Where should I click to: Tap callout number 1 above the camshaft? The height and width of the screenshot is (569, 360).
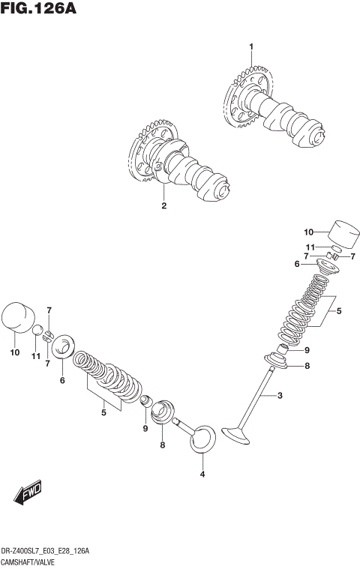[251, 47]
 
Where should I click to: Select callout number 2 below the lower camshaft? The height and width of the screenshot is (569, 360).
[163, 205]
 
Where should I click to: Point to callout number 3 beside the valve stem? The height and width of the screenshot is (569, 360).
[280, 395]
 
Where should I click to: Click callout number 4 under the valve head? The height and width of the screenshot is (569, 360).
[202, 475]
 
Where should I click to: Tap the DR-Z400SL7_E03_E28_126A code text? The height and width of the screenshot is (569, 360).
[45, 551]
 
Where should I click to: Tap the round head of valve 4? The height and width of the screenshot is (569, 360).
[202, 439]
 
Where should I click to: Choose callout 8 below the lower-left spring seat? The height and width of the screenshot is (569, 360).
[161, 445]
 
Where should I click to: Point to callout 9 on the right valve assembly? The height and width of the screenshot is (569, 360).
[306, 350]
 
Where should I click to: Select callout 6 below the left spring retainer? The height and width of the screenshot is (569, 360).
[62, 380]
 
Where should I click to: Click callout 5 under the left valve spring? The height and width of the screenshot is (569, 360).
[103, 411]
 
